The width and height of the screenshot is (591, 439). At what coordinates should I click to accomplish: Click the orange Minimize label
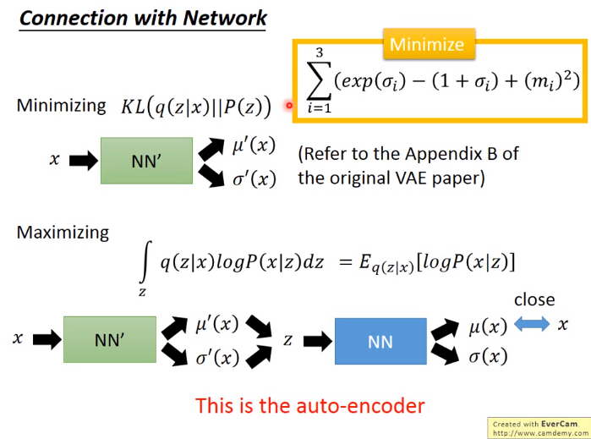pyautogui.click(x=429, y=44)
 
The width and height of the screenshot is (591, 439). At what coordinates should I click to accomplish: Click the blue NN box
pyautogui.click(x=380, y=342)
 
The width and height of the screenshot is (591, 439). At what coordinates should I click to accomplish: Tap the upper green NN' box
pyautogui.click(x=146, y=161)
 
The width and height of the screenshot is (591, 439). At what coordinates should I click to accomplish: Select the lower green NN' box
pyautogui.click(x=110, y=339)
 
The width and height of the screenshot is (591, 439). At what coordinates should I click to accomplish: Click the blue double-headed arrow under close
pyautogui.click(x=532, y=324)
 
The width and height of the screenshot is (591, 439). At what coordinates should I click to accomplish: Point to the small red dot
pyautogui.click(x=289, y=105)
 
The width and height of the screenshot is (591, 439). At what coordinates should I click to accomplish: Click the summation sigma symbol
pyautogui.click(x=319, y=80)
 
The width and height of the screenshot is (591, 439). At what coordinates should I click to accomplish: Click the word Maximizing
pyautogui.click(x=63, y=233)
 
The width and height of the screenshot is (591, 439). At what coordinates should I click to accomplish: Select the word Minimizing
pyautogui.click(x=62, y=106)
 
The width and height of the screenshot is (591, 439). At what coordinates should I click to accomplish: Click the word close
pyautogui.click(x=534, y=299)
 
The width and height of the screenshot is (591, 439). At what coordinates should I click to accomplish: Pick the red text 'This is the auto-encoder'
pyautogui.click(x=310, y=405)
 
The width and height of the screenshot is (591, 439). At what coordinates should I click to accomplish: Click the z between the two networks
pyautogui.click(x=288, y=341)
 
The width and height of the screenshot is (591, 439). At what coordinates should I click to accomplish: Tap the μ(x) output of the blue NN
pyautogui.click(x=488, y=327)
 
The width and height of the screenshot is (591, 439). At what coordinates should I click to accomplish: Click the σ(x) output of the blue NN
pyautogui.click(x=488, y=356)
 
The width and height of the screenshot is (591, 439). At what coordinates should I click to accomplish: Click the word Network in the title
pyautogui.click(x=225, y=18)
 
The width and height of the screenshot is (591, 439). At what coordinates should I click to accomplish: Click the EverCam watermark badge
pyautogui.click(x=539, y=428)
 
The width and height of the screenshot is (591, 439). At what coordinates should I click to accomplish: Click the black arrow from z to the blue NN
pyautogui.click(x=317, y=342)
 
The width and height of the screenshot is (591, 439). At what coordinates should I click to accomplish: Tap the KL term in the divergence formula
pyautogui.click(x=133, y=107)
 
